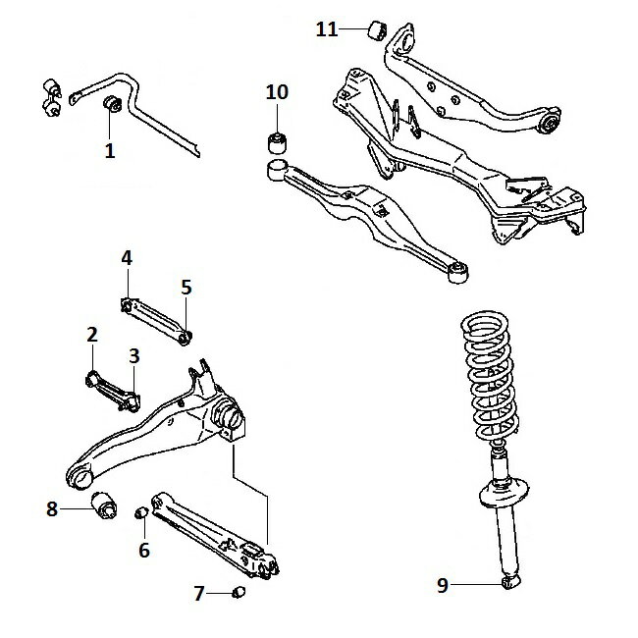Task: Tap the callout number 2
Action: (x=91, y=335)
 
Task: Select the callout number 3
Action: (x=133, y=354)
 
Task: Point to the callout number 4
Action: (x=127, y=258)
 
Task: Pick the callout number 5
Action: (x=186, y=288)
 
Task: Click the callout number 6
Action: (x=143, y=550)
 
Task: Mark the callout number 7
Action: (x=199, y=593)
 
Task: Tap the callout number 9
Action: (x=443, y=585)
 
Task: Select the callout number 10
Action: (x=277, y=92)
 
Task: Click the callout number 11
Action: (x=327, y=29)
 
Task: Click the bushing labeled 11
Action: (x=376, y=28)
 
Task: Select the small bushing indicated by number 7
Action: (x=237, y=592)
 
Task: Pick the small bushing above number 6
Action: (x=141, y=512)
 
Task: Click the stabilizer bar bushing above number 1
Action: (x=113, y=103)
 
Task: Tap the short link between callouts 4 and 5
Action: (x=157, y=319)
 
